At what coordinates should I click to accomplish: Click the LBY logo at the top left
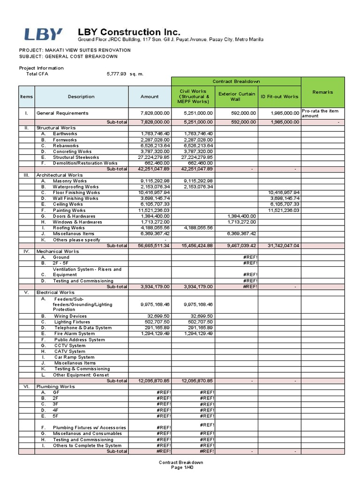[x=43, y=34]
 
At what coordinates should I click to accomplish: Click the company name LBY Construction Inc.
[x=128, y=32]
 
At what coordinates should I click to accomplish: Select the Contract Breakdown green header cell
[x=236, y=81]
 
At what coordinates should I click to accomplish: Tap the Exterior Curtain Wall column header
[x=236, y=97]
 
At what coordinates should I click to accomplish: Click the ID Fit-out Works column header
[x=279, y=97]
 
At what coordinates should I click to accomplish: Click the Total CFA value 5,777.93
[x=117, y=74]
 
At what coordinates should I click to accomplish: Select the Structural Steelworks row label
[x=76, y=157]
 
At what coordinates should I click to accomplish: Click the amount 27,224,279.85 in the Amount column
[x=151, y=157]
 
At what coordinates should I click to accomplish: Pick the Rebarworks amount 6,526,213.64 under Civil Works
[x=194, y=146]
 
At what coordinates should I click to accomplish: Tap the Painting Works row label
[x=69, y=210]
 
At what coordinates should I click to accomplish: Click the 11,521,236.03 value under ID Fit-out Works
[x=279, y=210]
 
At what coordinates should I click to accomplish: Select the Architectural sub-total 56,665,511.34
[x=151, y=246]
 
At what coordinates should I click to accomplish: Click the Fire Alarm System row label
[x=74, y=334]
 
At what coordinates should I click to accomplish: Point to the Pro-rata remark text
[x=322, y=113]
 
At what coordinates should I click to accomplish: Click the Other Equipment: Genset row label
[x=81, y=375]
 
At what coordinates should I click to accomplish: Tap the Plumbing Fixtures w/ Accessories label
[x=89, y=427]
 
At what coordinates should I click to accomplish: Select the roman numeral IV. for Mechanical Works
[x=26, y=252]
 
